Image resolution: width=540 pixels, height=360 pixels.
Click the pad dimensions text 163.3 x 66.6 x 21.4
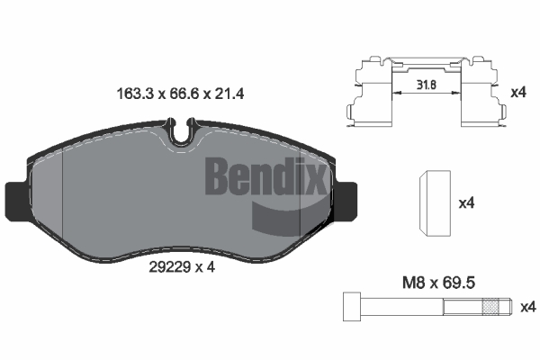click(x=181, y=94)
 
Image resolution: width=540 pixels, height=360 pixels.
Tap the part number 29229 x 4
click(x=182, y=266)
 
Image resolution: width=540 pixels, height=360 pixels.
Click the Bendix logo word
click(x=265, y=175)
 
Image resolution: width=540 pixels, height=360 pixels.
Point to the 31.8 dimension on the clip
click(x=426, y=85)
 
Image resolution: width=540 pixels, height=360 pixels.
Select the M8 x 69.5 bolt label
click(x=439, y=283)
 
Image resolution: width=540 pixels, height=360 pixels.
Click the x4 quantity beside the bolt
click(x=528, y=307)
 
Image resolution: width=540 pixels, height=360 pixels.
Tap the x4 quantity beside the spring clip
click(x=518, y=93)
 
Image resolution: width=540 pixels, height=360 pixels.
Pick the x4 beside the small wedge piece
click(x=466, y=203)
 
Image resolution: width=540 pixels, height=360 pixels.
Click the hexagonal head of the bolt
click(x=352, y=307)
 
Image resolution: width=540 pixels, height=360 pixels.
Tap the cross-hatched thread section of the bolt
click(x=491, y=307)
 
